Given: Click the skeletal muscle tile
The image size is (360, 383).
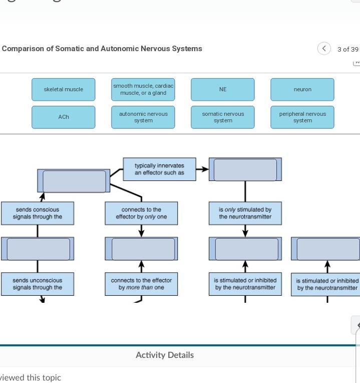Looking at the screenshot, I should pyautogui.click(x=63, y=89).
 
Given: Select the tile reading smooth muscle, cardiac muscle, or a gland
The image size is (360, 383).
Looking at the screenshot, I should pyautogui.click(x=143, y=89).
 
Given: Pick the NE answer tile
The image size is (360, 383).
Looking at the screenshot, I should pyautogui.click(x=223, y=89).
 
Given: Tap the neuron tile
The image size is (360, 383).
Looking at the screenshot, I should pyautogui.click(x=302, y=89).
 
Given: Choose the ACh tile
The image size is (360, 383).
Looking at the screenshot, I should pyautogui.click(x=63, y=117).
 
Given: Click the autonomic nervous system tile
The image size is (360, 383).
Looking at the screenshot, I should pyautogui.click(x=143, y=117).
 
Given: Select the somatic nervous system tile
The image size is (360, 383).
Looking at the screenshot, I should pyautogui.click(x=223, y=117).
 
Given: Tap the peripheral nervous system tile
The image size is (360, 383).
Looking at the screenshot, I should pyautogui.click(x=302, y=117).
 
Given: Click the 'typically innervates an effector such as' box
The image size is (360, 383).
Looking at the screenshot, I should pyautogui.click(x=159, y=169).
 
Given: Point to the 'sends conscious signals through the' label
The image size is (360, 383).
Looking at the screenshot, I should pyautogui.click(x=38, y=213).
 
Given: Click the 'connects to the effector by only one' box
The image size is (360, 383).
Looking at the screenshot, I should pyautogui.click(x=141, y=213).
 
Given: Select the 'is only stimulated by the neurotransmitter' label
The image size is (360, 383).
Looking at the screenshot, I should pyautogui.click(x=245, y=213).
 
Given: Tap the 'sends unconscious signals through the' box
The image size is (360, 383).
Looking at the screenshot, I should pyautogui.click(x=38, y=284).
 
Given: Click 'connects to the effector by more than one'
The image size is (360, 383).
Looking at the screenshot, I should pyautogui.click(x=141, y=284).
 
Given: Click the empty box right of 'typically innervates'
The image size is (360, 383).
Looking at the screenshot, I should pyautogui.click(x=245, y=169).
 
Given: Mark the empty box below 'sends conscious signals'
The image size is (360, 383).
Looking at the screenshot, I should pyautogui.click(x=38, y=249).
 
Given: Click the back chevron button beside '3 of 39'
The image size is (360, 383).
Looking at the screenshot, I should pyautogui.click(x=324, y=49).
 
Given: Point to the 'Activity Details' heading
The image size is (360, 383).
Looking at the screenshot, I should pyautogui.click(x=164, y=355).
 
